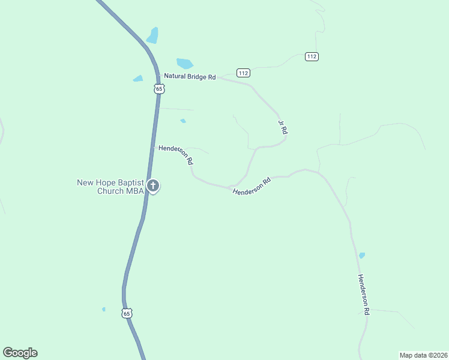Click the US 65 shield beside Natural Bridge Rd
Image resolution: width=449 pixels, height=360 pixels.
[158, 88]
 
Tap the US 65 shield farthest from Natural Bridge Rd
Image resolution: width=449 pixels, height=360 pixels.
[126, 313]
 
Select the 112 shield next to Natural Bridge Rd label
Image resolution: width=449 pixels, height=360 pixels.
[243, 73]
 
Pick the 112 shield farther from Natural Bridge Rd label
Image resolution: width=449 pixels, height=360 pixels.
[311, 56]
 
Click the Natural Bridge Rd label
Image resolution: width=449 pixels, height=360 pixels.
[190, 77]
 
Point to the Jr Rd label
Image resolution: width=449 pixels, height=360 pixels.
[283, 127]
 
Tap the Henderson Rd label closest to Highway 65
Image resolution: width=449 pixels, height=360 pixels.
[175, 154]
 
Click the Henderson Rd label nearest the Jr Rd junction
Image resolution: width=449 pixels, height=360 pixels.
[252, 185]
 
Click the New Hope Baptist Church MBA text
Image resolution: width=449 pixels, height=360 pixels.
[110, 187]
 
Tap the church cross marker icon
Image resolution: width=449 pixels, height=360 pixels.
[153, 185]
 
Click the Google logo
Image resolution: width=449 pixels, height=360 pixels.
[20, 353]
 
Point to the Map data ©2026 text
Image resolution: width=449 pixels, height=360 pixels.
[423, 355]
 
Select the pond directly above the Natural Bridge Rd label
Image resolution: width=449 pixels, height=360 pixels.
[185, 63]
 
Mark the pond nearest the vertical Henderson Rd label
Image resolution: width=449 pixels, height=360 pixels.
[361, 256]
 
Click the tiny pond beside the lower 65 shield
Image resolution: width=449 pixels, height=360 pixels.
[104, 310]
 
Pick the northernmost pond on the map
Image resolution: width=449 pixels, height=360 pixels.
[153, 35]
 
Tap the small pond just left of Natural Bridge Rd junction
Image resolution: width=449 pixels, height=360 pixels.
[138, 79]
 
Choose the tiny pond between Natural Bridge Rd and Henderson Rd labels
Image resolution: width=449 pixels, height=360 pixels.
[183, 121]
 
